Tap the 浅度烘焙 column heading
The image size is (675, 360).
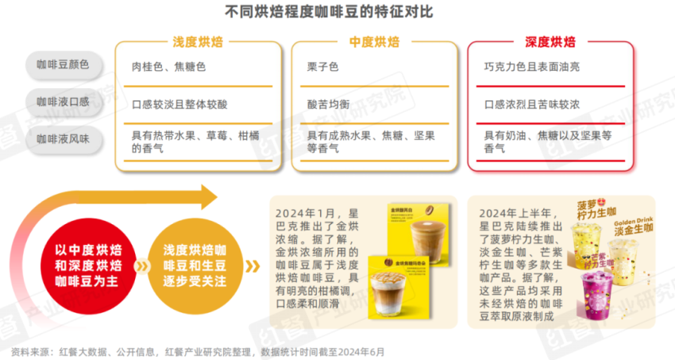pyautogui.click(x=199, y=42)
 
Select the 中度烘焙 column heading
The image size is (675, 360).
pyautogui.click(x=374, y=42)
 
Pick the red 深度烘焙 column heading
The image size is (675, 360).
pyautogui.click(x=550, y=42)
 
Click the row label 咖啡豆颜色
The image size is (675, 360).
pyautogui.click(x=63, y=66)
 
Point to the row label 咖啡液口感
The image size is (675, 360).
pyautogui.click(x=63, y=102)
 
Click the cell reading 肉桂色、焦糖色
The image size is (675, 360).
pyautogui.click(x=168, y=67)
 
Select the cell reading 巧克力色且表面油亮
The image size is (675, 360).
pyautogui.click(x=531, y=67)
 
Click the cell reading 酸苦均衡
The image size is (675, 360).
pyautogui.click(x=328, y=104)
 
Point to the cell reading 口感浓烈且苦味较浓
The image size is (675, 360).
pyautogui.click(x=531, y=104)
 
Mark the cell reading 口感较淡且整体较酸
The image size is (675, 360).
pyautogui.click(x=179, y=104)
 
